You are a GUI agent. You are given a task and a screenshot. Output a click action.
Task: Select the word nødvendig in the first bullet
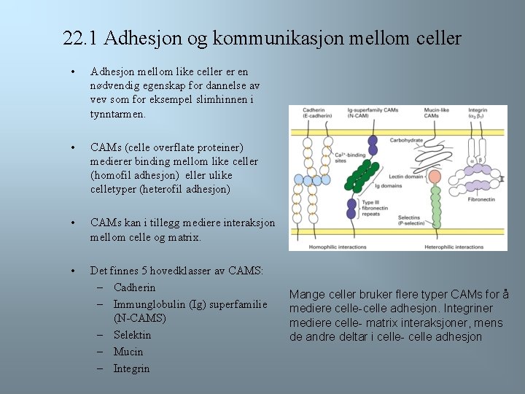(114, 86)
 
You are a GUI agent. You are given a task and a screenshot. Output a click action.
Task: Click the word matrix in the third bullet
(184, 237)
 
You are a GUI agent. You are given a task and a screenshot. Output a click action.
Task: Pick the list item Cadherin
(134, 287)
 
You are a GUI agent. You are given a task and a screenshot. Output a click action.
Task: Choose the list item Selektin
(132, 335)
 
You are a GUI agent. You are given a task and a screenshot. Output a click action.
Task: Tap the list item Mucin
(128, 352)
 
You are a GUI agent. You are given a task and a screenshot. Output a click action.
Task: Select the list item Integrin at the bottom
(131, 368)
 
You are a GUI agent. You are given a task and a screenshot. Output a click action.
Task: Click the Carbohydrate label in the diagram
(407, 140)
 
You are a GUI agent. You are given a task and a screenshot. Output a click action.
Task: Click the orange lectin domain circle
(436, 175)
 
